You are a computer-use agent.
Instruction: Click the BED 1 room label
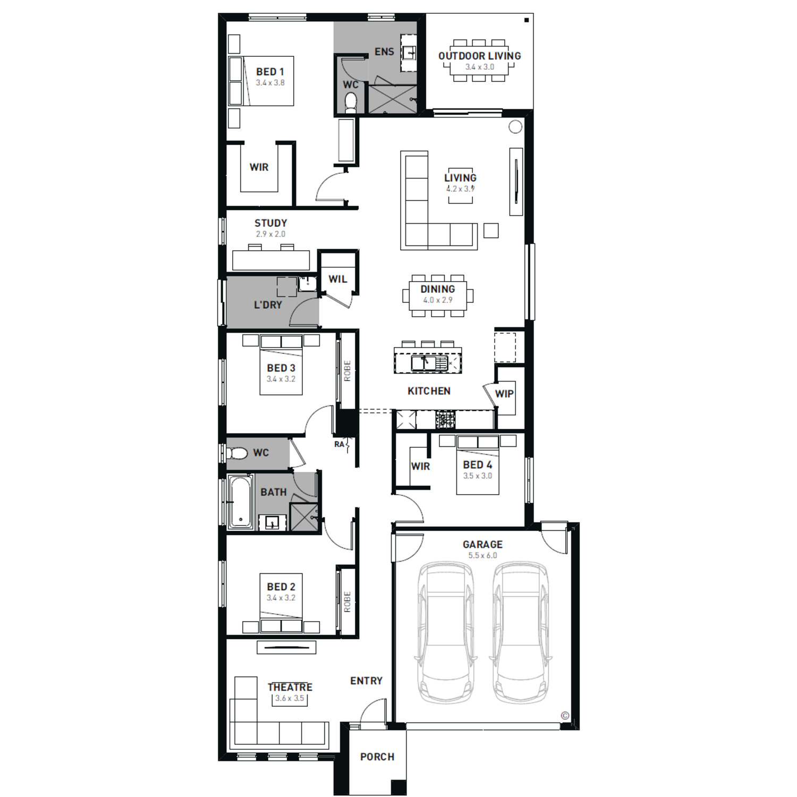point(270,72)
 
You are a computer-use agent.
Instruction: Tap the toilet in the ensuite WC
point(351,103)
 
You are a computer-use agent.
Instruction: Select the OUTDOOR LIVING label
point(479,56)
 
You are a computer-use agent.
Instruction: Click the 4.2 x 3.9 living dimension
point(460,189)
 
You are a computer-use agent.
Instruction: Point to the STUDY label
point(270,223)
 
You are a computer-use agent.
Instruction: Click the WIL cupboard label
point(337,279)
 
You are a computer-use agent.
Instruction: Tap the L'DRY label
point(268,305)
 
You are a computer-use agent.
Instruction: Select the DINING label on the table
point(437,289)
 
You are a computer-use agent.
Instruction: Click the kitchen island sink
point(424,363)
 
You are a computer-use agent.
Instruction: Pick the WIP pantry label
point(504,394)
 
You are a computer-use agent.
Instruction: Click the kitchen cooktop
point(446,419)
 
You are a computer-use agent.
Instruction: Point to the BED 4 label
point(477,465)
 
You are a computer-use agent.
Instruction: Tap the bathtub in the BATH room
point(241,502)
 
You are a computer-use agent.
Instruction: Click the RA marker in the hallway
point(339,444)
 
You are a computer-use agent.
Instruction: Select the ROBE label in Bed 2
point(347,601)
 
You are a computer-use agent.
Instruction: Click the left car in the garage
point(445,633)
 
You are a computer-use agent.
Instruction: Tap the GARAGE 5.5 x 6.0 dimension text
point(482,556)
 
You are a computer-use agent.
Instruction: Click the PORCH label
point(377,757)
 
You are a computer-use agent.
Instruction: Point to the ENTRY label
point(366,681)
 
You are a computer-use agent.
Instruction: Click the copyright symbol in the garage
point(565,716)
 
